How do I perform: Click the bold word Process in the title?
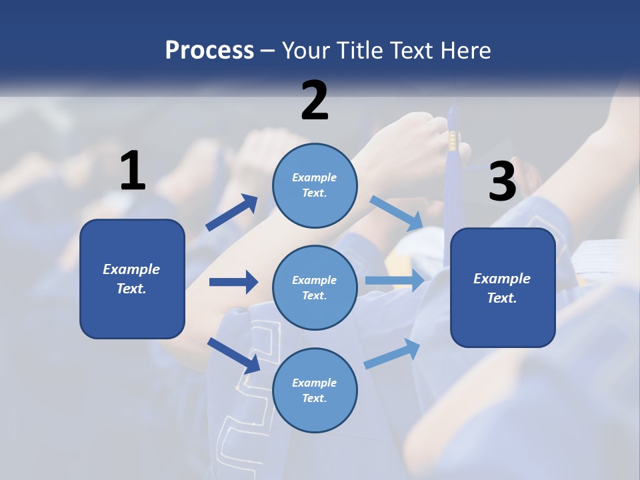click(x=209, y=51)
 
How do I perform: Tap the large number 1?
click(x=133, y=171)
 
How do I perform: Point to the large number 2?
click(x=315, y=101)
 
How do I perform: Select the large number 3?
click(x=502, y=182)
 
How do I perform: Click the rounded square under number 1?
click(x=132, y=279)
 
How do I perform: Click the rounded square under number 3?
click(x=503, y=287)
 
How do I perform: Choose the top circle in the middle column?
click(x=315, y=185)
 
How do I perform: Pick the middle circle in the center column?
click(x=315, y=287)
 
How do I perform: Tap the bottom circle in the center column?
click(x=315, y=390)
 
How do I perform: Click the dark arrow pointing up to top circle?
click(x=232, y=213)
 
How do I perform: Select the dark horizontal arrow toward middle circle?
click(x=233, y=282)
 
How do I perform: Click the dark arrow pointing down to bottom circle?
click(x=234, y=355)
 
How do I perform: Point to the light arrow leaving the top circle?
click(x=397, y=213)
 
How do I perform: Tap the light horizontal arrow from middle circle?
click(x=395, y=280)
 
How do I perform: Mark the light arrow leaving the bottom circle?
click(x=393, y=353)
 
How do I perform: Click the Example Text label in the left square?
click(x=131, y=279)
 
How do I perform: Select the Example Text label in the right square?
click(x=502, y=288)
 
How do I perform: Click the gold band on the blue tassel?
click(x=453, y=140)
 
